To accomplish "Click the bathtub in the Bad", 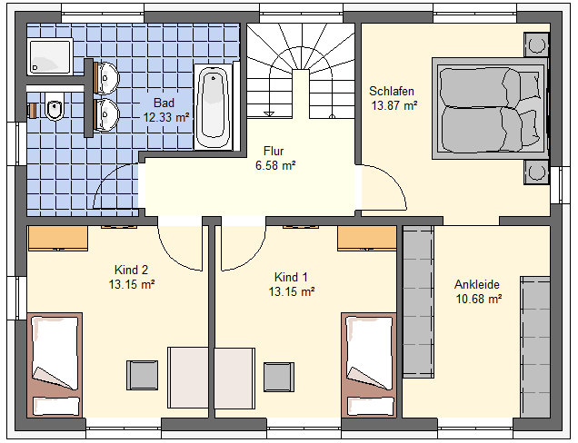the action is coord(213,107).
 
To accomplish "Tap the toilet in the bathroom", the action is coord(55,106).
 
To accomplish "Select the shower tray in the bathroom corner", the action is coord(50,56).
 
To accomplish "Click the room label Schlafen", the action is coord(392,91).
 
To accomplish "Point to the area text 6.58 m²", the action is coord(275,166).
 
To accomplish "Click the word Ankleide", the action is coord(477,284).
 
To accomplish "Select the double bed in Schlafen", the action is coord(490,108).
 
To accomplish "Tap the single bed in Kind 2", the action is coord(55,365).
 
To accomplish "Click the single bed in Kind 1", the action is coord(369,365).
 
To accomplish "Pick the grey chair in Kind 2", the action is coord(143,375).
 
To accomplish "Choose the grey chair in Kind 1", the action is coord(279,377).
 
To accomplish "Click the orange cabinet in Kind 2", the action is coord(58,238).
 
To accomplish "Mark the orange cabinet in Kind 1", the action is coord(367,238).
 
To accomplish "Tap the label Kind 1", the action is coord(291,277).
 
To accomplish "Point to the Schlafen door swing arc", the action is coord(394,180).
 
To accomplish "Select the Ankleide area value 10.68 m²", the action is coord(478,299).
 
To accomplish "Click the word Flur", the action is coord(274,151).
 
